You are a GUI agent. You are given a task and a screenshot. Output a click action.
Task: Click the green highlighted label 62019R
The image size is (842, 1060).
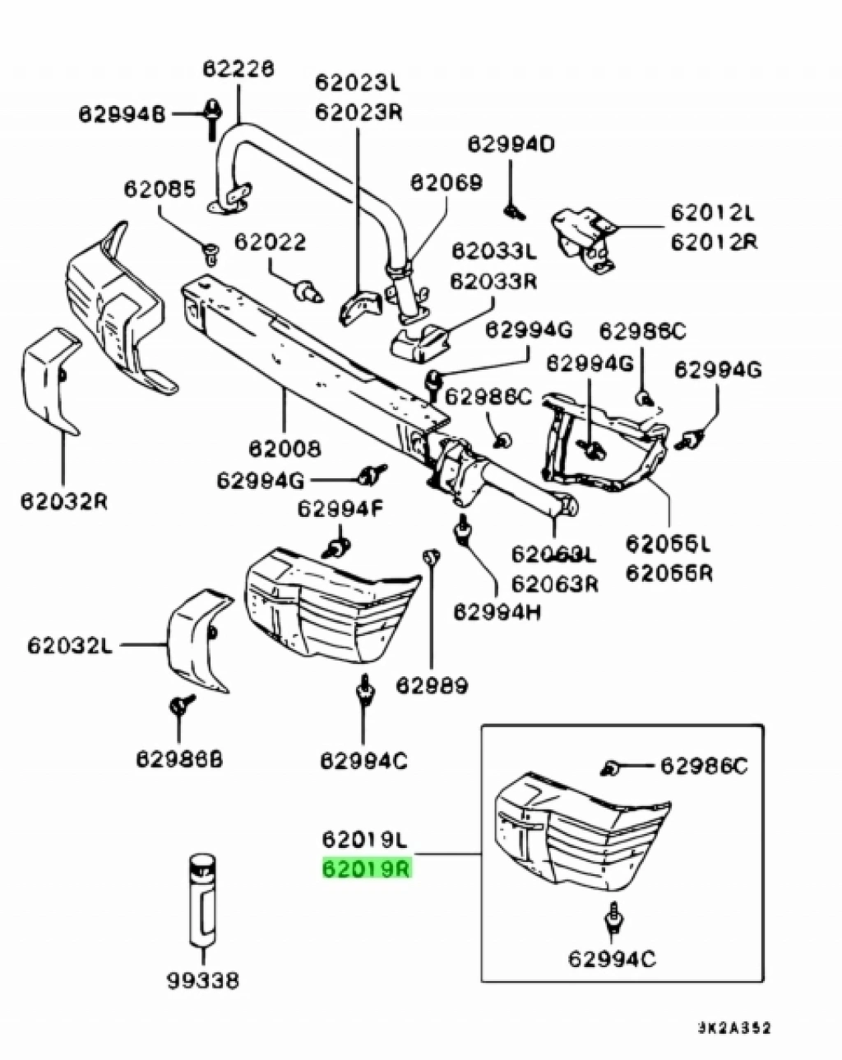pyautogui.click(x=367, y=869)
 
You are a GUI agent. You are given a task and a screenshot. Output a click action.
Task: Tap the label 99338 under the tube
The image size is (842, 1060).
pyautogui.click(x=203, y=979)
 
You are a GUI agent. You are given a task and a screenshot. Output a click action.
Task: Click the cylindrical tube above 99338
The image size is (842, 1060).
pyautogui.click(x=201, y=900)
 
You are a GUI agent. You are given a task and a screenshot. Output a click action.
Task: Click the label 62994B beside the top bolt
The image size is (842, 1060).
pyautogui.click(x=123, y=113)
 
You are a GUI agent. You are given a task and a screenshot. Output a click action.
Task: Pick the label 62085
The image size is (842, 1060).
pyautogui.click(x=160, y=190)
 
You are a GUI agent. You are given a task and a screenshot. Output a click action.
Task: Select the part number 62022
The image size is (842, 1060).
pyautogui.click(x=270, y=242)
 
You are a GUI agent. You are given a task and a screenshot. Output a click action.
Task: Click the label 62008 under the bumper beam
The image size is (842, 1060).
pyautogui.click(x=285, y=449)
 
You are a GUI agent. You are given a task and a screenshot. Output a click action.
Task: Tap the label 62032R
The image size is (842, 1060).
pyautogui.click(x=63, y=500)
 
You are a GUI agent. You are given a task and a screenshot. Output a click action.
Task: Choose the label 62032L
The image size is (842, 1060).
pyautogui.click(x=69, y=645)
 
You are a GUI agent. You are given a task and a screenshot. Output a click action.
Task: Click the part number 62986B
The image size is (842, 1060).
pyautogui.click(x=179, y=760)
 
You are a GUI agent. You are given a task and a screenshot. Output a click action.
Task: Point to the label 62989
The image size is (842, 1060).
pyautogui.click(x=432, y=684)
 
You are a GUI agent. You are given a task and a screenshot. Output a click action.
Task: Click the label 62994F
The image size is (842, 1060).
pyautogui.click(x=340, y=509)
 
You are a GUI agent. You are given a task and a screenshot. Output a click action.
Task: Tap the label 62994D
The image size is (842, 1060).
pyautogui.click(x=511, y=145)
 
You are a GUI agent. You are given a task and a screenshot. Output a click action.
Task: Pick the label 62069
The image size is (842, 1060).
pyautogui.click(x=446, y=182)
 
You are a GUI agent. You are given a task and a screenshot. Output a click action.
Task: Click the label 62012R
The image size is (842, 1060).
pyautogui.click(x=714, y=242)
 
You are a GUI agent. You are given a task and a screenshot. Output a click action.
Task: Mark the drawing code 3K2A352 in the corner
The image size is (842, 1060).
pyautogui.click(x=734, y=1027)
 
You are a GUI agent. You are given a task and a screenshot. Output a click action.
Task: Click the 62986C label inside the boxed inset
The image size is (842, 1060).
pyautogui.click(x=705, y=767)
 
